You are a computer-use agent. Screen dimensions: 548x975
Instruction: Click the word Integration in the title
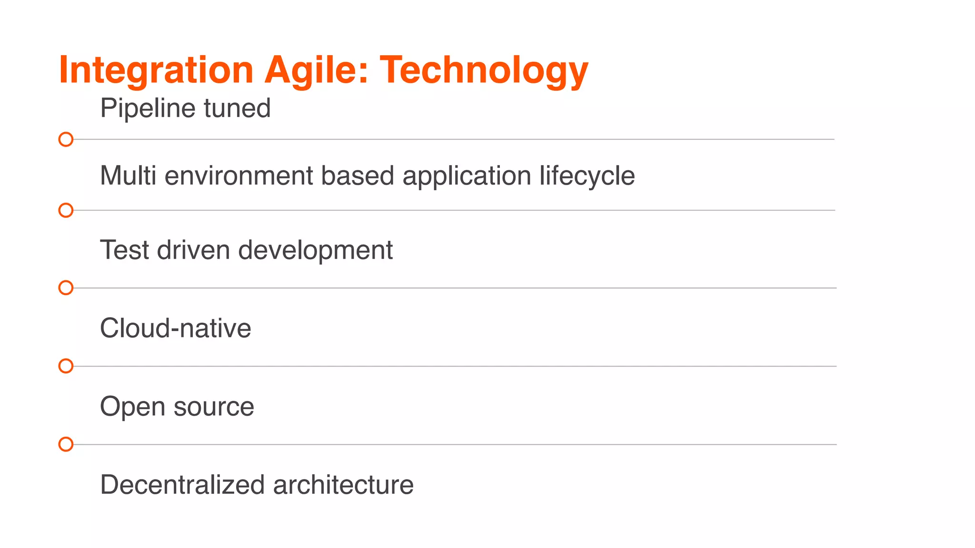point(156,70)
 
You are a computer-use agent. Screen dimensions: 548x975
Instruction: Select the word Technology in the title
point(484,70)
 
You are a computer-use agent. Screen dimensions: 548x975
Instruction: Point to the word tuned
point(237,108)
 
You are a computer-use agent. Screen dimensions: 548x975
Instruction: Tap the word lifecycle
point(587,176)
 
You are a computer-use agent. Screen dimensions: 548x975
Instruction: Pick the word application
point(467,176)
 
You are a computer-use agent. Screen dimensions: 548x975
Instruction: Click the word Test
point(124,250)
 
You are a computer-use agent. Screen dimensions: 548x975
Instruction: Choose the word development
point(315,250)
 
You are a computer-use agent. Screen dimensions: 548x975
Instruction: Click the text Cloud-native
point(176,328)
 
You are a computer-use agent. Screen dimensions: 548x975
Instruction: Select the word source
point(214,407)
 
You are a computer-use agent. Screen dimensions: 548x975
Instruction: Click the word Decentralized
point(182,485)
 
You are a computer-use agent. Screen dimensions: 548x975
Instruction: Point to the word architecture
point(343,485)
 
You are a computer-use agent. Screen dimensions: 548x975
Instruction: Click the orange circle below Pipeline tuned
point(66,139)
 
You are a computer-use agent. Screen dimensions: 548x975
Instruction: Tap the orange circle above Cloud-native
point(66,288)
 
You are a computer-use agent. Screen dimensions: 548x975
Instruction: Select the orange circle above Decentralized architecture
point(66,444)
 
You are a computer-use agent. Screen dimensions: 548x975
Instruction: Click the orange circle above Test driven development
point(66,210)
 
